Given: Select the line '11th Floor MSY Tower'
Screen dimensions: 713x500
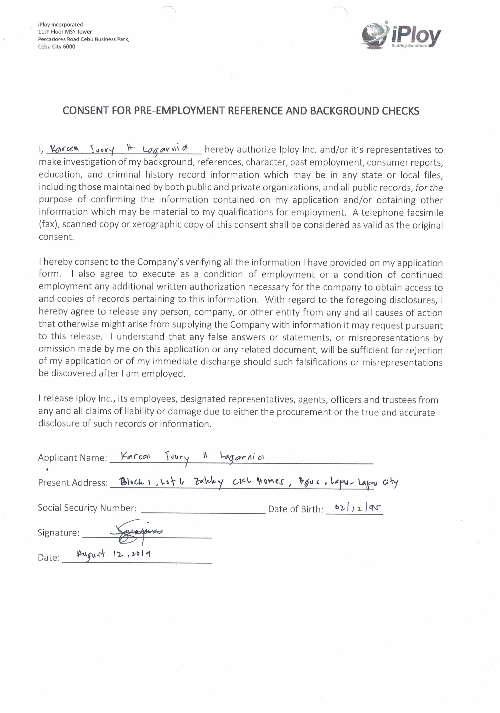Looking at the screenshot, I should click(x=65, y=32).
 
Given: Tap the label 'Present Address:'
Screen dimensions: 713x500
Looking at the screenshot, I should click(x=73, y=483).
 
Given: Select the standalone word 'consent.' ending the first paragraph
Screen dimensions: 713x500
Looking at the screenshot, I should click(x=56, y=237).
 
